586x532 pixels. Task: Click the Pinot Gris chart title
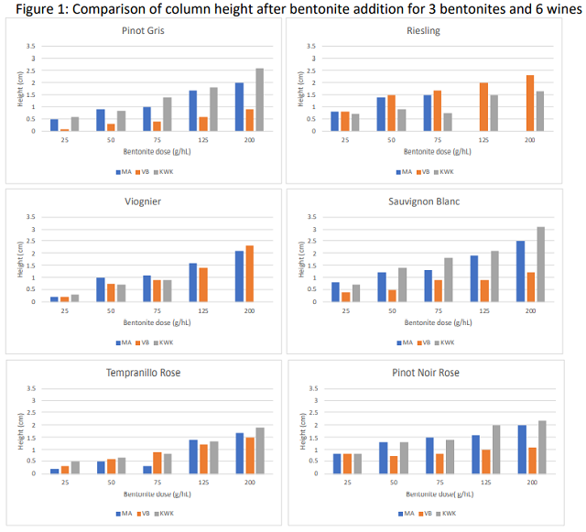tap(150, 30)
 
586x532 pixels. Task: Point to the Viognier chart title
tap(150, 201)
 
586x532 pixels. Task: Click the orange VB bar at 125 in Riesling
tap(483, 107)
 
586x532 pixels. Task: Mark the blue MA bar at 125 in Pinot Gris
tap(193, 111)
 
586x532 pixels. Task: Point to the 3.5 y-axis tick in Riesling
tap(309, 47)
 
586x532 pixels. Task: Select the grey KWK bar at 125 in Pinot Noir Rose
tap(496, 450)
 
